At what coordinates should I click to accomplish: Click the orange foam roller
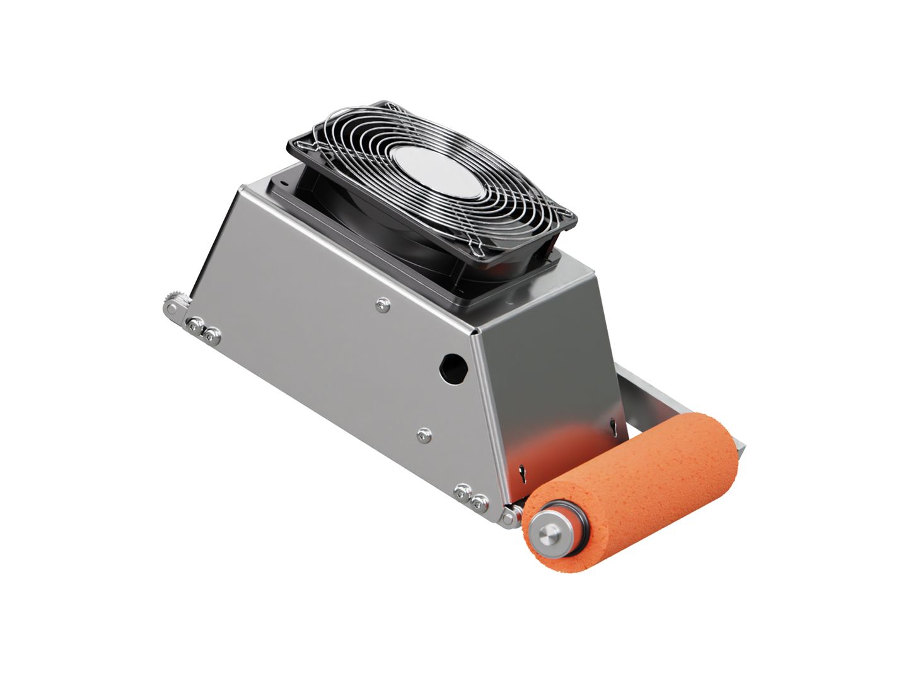649,479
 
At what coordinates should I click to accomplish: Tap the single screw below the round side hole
424,434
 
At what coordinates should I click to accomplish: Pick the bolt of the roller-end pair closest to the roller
480,503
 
